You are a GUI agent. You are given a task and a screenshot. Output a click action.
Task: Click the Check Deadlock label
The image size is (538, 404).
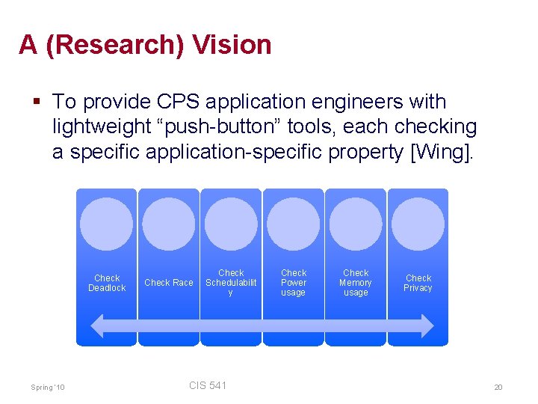click(107, 283)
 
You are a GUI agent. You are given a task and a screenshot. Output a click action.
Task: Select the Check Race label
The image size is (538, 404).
click(168, 283)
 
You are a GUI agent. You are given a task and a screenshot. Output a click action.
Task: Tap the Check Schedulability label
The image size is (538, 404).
click(231, 283)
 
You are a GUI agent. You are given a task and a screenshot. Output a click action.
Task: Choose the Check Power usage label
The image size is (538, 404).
click(293, 283)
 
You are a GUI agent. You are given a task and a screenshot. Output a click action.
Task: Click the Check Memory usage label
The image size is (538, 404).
click(356, 283)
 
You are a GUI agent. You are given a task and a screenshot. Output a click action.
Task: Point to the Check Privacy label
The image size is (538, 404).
click(418, 283)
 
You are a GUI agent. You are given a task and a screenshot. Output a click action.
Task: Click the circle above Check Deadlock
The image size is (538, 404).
click(107, 224)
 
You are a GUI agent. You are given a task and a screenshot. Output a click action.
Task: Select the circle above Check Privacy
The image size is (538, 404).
click(418, 224)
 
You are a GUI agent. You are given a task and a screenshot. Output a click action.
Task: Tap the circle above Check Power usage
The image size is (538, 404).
click(293, 224)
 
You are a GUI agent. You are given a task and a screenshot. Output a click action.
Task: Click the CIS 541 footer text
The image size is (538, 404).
click(208, 385)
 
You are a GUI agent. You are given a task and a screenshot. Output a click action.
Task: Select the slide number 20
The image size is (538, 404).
click(498, 387)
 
